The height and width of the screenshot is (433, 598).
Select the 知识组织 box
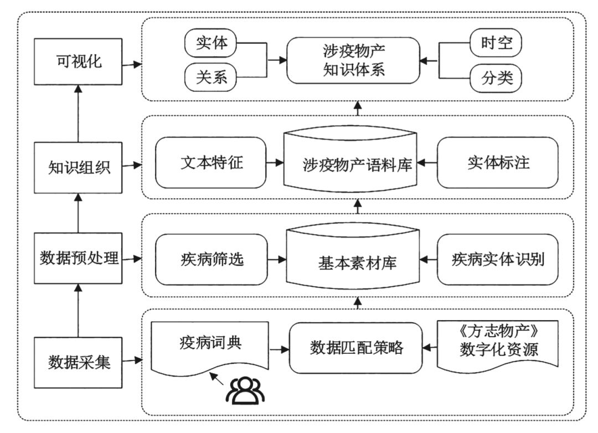tap(78, 166)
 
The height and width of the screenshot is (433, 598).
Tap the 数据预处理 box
tap(78, 258)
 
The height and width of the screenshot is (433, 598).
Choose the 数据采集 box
tap(78, 362)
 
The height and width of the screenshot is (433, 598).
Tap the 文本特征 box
tap(212, 164)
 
